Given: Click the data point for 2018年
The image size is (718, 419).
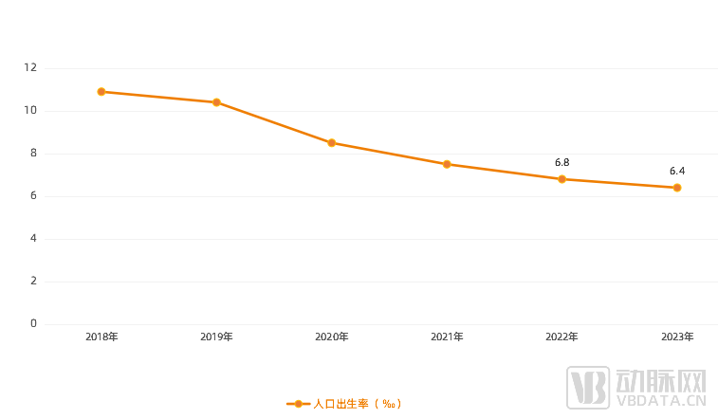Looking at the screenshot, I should point(101,92).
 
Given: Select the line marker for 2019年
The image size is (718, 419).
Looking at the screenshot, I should point(216,102).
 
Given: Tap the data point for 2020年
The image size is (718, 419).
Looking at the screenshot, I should point(331,143).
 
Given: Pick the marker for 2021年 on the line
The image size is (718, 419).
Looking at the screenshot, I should point(447,164).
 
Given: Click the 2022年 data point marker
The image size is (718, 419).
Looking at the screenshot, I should point(562,179).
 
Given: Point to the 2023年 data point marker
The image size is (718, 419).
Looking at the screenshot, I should point(677,188).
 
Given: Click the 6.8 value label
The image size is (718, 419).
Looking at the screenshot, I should point(562,163).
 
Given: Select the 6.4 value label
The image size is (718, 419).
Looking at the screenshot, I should point(677,172).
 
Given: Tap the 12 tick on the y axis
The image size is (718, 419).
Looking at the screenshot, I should point(30,68).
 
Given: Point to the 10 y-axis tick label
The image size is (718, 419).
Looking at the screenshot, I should point(30,111).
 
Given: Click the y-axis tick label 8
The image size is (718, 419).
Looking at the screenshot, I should point(33,154).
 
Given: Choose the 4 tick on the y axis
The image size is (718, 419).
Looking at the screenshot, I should point(33,239).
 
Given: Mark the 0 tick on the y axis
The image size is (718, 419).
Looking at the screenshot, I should point(33,324).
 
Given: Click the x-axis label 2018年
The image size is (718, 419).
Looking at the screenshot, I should point(101,337).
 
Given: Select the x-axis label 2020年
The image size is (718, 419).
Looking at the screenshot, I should point(331,337).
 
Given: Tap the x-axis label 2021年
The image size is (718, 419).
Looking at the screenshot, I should point(447,337).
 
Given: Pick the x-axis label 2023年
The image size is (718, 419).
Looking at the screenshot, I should point(677,337).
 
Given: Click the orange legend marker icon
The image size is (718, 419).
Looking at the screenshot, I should point(299,404).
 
